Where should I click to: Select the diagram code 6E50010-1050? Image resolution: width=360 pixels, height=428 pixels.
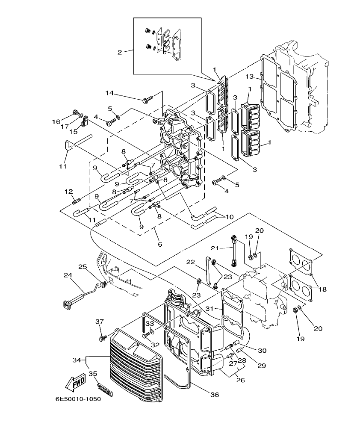(78, 399)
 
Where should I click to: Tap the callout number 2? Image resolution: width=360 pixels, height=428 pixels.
(120, 52)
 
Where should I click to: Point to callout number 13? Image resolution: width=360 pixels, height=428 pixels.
(250, 77)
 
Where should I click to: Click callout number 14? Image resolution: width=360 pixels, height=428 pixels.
(109, 93)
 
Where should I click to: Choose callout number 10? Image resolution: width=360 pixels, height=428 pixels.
(229, 217)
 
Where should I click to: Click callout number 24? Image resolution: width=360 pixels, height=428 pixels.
(68, 276)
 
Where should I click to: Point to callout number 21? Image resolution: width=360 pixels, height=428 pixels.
(215, 248)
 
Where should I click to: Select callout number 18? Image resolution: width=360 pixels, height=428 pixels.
(322, 289)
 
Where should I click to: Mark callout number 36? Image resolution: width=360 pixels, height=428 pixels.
(215, 395)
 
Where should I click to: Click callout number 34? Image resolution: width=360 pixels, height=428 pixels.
(77, 360)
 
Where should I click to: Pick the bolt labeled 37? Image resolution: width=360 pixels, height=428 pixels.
(102, 338)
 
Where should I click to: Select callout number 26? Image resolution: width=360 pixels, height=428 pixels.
(241, 380)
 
